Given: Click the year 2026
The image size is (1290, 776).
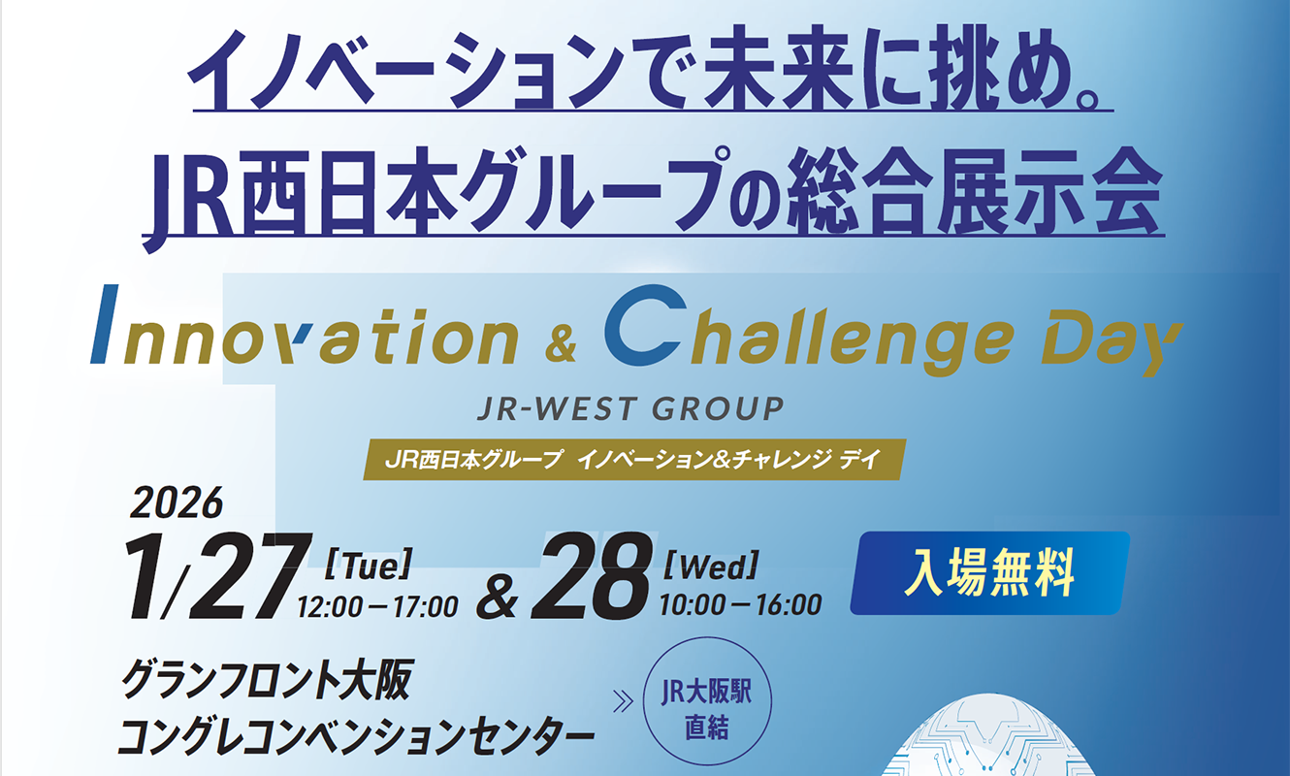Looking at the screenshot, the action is click(177, 502).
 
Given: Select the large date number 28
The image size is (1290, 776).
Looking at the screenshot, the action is click(592, 576).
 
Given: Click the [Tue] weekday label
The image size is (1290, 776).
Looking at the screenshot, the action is click(369, 565).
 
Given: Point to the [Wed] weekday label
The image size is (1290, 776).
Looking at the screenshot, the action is click(711, 566).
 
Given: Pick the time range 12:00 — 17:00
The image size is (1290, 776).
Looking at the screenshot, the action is click(378, 606).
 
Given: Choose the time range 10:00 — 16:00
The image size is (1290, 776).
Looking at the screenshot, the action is click(741, 605).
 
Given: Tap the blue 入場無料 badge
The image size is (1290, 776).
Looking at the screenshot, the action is click(990, 572).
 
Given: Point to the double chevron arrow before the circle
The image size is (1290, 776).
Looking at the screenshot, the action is click(623, 701).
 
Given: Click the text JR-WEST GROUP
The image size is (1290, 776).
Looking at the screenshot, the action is click(631, 408).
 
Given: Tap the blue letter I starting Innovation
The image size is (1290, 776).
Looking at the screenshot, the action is click(104, 324).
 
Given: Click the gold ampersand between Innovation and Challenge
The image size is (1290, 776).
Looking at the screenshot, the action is click(561, 345).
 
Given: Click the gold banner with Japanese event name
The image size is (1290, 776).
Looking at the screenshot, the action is click(634, 460).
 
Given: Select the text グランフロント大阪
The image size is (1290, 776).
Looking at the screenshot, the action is click(267, 680).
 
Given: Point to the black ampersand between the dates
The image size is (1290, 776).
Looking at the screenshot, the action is click(497, 599).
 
